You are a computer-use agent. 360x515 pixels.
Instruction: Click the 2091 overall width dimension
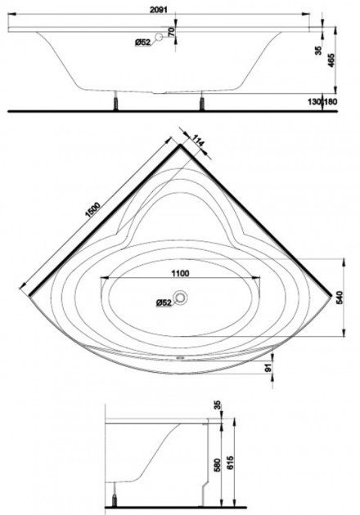[x=159, y=10]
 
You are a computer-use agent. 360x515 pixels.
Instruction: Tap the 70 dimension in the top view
[x=171, y=32]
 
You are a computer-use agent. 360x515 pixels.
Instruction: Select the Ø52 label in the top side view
[x=142, y=43]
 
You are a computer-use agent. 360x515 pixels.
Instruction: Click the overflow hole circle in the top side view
[x=159, y=37]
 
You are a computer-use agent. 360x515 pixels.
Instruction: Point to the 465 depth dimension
[x=331, y=60]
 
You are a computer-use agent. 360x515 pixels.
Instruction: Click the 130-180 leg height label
[x=322, y=102]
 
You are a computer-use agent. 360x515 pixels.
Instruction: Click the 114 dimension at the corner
[x=198, y=141]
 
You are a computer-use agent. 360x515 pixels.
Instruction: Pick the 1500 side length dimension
[x=92, y=211]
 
